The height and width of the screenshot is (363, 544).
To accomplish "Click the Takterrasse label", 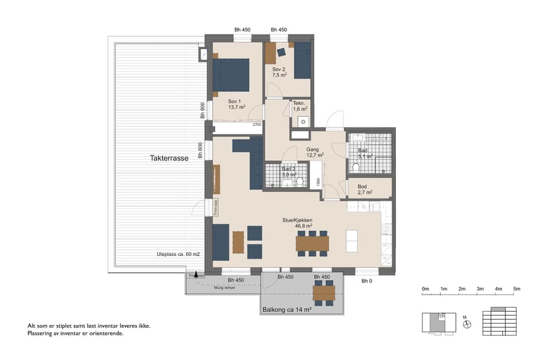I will pyautogui.click(x=169, y=158).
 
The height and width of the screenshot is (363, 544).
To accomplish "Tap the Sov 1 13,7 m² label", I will pyautogui.click(x=236, y=104).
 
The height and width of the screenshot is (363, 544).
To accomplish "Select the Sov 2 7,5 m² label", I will pyautogui.click(x=279, y=73).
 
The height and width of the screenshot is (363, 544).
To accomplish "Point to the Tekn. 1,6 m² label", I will pyautogui.click(x=300, y=106).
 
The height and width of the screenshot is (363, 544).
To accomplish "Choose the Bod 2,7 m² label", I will pyautogui.click(x=364, y=189).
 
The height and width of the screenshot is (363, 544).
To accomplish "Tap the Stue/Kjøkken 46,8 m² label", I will pyautogui.click(x=308, y=223).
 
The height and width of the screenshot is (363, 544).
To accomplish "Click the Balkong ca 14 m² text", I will pyautogui.click(x=287, y=310).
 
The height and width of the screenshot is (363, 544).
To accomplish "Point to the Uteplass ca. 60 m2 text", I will pyautogui.click(x=178, y=254).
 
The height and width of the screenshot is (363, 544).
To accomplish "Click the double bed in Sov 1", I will pyautogui.click(x=230, y=74).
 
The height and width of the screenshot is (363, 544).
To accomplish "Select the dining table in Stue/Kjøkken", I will pyautogui.click(x=312, y=243).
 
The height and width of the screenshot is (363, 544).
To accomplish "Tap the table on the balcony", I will pyautogui.click(x=324, y=294).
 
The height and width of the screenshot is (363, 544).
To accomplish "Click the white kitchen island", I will pyautogui.click(x=352, y=242).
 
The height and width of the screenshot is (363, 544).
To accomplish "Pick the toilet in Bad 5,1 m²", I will pyautogui.click(x=356, y=167).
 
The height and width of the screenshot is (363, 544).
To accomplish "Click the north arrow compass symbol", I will pyautogui.click(x=467, y=324).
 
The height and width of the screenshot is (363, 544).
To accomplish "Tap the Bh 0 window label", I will pyautogui.click(x=367, y=281).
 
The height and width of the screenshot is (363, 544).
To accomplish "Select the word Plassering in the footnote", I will pyautogui.click(x=42, y=333).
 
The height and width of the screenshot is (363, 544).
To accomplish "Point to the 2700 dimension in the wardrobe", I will pyautogui.click(x=256, y=125).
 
